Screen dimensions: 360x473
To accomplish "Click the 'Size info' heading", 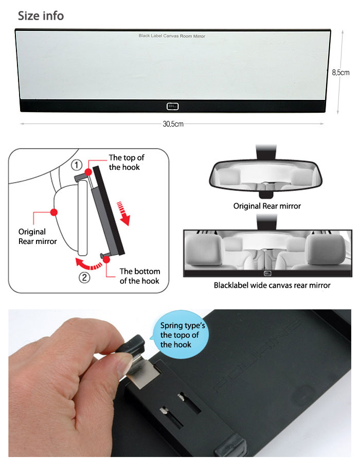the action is click(41, 15).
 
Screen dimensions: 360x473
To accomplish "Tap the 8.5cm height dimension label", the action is click(340, 73).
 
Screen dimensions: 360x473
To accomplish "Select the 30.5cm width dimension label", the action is click(173, 124).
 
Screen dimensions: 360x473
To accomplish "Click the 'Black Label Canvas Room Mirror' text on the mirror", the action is click(172, 36).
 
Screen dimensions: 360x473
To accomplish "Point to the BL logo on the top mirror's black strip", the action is click(172, 106).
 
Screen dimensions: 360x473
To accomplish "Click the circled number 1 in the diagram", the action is click(77, 165).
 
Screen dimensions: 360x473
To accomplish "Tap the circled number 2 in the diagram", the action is click(84, 277).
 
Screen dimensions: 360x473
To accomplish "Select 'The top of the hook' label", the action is click(127, 162).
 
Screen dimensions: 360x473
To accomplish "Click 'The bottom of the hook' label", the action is click(139, 276).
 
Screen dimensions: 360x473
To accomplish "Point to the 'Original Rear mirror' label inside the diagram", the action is click(38, 237).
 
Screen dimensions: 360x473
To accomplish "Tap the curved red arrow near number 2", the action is click(88, 264).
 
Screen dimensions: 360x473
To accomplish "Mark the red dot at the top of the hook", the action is click(88, 172).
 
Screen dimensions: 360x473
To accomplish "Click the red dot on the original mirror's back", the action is click(54, 213).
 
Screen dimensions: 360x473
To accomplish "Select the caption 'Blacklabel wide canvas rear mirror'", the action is click(272, 285).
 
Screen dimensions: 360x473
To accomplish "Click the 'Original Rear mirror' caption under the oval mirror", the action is click(267, 206).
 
